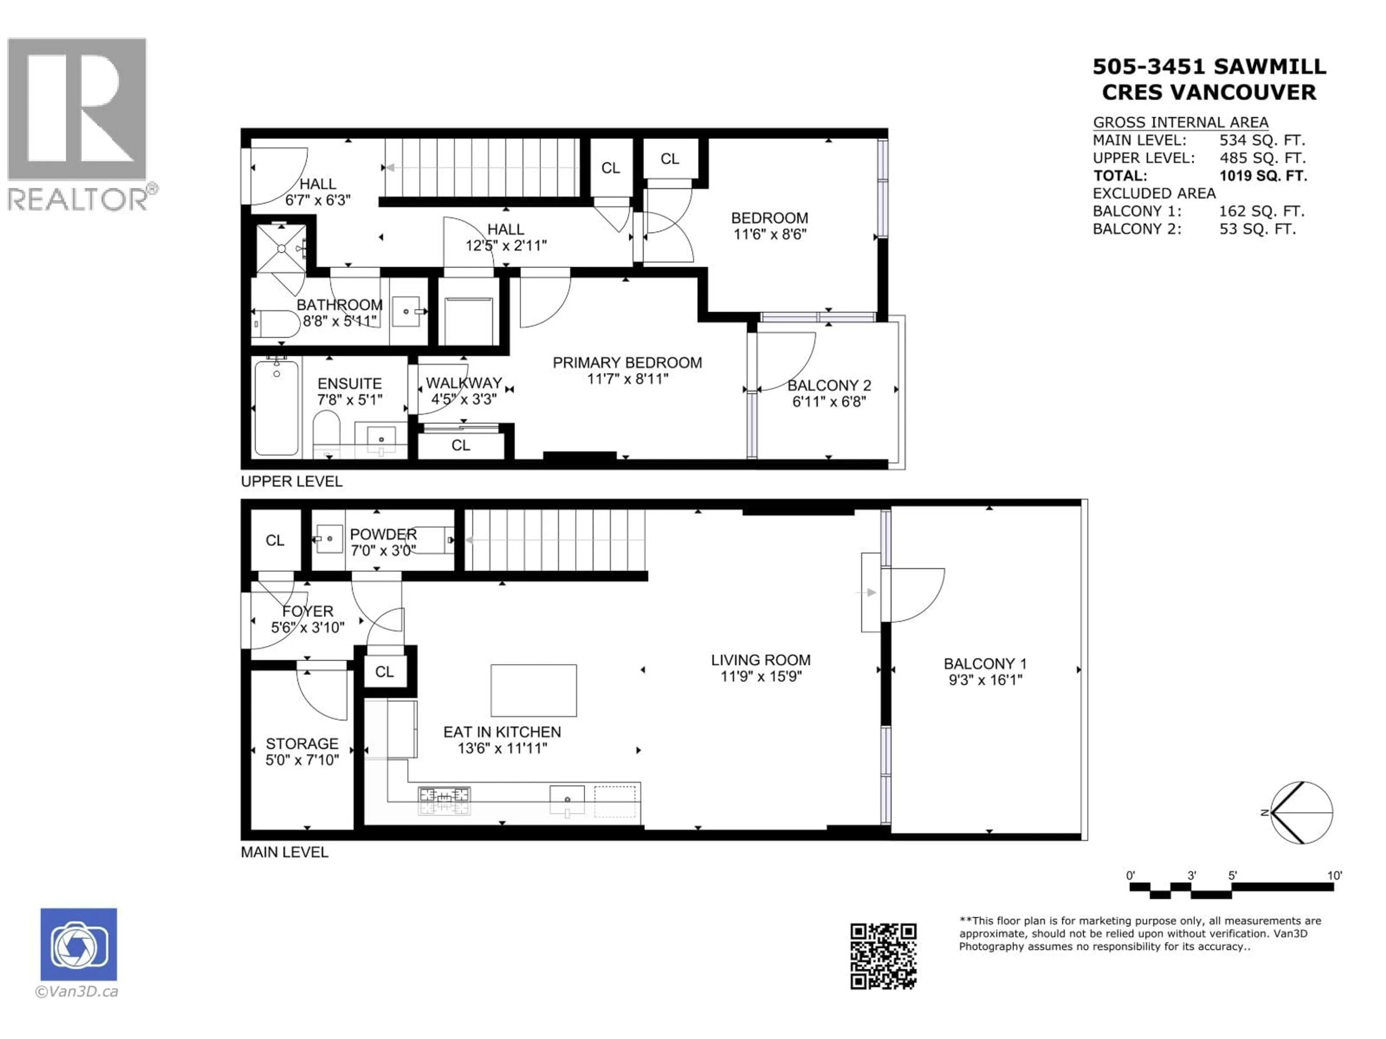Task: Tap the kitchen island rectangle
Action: (533, 690)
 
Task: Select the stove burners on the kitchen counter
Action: (444, 801)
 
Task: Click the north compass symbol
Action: (1301, 812)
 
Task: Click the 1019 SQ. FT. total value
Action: (1263, 176)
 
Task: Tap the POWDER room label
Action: (383, 534)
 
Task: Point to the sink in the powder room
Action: (329, 539)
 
